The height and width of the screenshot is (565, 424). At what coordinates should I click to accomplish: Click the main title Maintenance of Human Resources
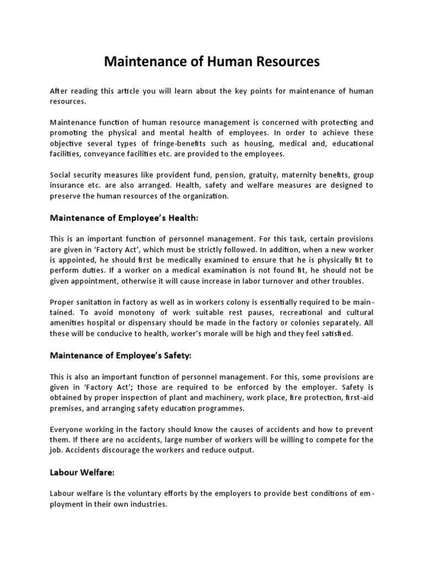click(x=212, y=62)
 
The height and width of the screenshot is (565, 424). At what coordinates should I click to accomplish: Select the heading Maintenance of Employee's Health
click(x=124, y=218)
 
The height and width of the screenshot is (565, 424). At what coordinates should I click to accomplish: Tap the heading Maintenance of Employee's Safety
click(x=120, y=355)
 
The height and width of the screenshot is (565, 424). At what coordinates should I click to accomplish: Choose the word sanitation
click(x=96, y=302)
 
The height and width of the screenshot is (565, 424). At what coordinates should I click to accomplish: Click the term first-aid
click(x=359, y=398)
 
